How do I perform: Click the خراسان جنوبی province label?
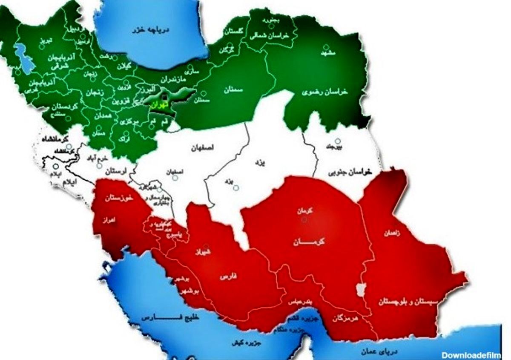[x=350, y=171]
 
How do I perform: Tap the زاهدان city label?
[x=392, y=233]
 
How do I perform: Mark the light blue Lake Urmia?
[x=23, y=58]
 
